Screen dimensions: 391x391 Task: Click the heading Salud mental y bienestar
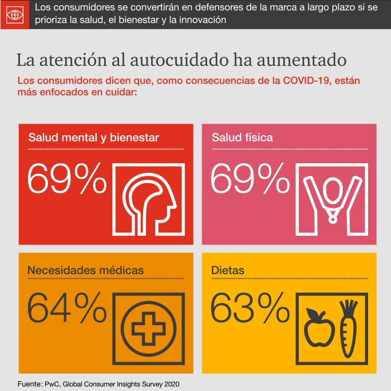click(x=94, y=138)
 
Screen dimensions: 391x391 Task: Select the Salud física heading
click(x=242, y=138)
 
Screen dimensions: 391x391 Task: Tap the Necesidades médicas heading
click(x=86, y=269)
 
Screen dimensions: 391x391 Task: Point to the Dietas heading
click(x=228, y=269)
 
